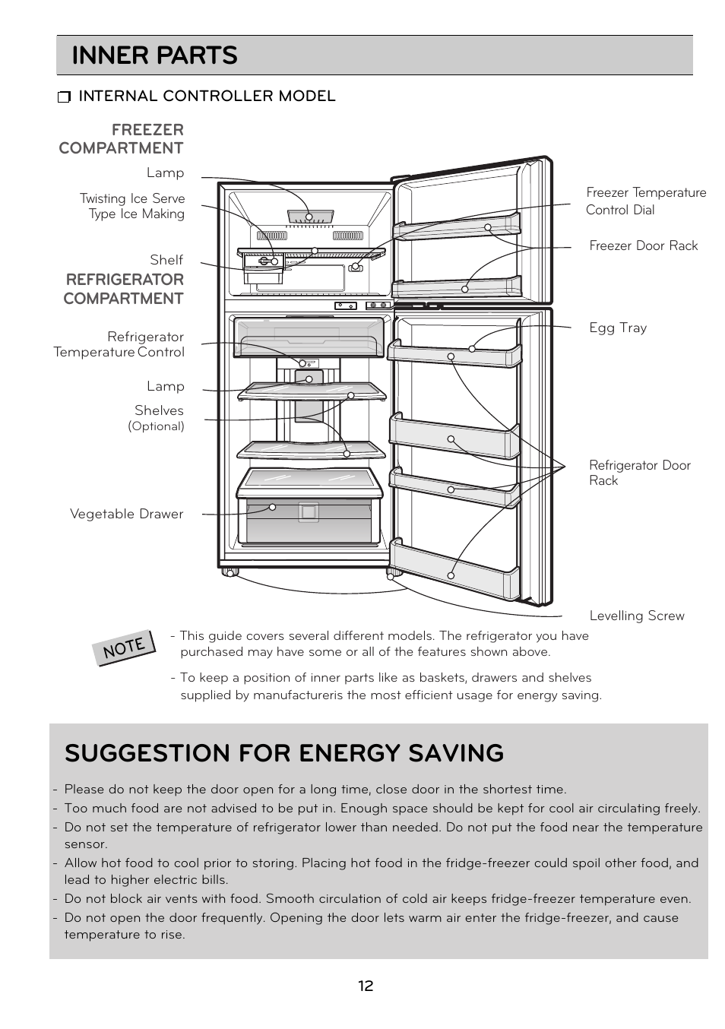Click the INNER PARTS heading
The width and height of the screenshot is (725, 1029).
pyautogui.click(x=154, y=55)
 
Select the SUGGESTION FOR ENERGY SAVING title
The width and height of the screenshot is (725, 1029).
pyautogui.click(x=284, y=752)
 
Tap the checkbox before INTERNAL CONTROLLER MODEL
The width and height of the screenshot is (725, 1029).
pyautogui.click(x=64, y=97)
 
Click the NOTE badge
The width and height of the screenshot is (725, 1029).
pyautogui.click(x=125, y=647)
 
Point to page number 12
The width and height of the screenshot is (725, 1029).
pyautogui.click(x=366, y=986)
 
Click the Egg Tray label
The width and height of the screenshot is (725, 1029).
pyautogui.click(x=618, y=328)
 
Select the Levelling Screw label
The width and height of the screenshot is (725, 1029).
pyautogui.click(x=636, y=616)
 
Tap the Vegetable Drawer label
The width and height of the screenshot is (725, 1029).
pyautogui.click(x=126, y=514)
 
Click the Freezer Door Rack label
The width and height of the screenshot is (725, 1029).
pyautogui.click(x=643, y=245)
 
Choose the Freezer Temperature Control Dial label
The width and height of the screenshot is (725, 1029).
pyautogui.click(x=645, y=201)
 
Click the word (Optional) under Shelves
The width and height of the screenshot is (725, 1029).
pyautogui.click(x=156, y=426)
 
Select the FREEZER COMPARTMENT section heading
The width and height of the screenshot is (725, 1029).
pyautogui.click(x=122, y=139)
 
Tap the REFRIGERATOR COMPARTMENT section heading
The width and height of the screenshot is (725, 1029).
pyautogui.click(x=124, y=289)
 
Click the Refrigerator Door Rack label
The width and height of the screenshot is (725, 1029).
pyautogui.click(x=639, y=473)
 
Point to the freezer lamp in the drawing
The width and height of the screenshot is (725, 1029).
pyautogui.click(x=310, y=217)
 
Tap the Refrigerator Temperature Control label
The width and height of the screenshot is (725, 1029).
pyautogui.click(x=119, y=344)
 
